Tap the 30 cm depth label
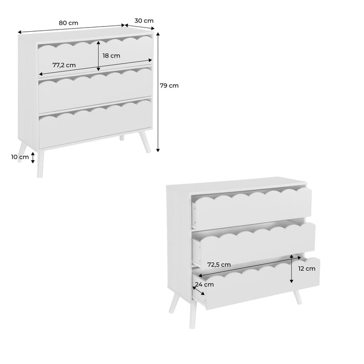tap(144, 21)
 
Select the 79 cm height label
tap(170, 86)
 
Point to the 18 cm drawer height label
tap(111, 56)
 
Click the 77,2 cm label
tap(64, 66)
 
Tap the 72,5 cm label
tap(219, 265)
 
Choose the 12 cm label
tap(307, 269)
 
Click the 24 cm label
tap(204, 284)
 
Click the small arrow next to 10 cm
tap(33, 158)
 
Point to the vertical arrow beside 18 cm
tap(98, 56)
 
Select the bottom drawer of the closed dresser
tap(95, 125)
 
